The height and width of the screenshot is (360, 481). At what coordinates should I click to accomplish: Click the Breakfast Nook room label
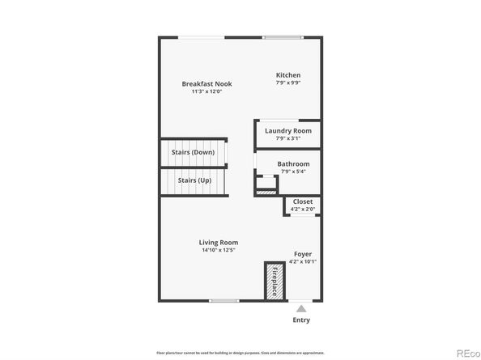pos(202,83)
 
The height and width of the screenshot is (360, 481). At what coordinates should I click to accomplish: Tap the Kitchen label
pos(288,74)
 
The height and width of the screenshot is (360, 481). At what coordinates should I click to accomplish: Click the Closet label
pos(303,201)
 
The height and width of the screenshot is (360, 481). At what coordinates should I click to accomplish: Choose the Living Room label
pos(219,242)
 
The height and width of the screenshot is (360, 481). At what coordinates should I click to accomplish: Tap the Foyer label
pos(303,253)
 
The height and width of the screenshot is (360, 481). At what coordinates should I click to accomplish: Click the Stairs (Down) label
pos(193,151)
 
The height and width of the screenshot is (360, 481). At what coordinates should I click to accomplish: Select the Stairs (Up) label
pos(194,180)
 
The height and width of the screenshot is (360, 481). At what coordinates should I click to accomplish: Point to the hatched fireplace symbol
pos(274,281)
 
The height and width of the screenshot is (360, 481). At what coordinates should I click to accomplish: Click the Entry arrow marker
pos(301,308)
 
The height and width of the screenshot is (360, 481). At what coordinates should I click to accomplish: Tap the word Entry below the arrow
pos(301,320)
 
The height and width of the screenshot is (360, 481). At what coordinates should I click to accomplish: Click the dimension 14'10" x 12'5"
pos(219,250)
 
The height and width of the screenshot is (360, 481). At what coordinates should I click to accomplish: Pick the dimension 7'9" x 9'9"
pos(288,83)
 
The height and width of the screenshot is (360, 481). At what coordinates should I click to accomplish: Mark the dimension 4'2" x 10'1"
pos(303,261)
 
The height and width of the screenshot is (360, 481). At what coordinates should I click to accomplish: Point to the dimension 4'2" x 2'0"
pos(303,210)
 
